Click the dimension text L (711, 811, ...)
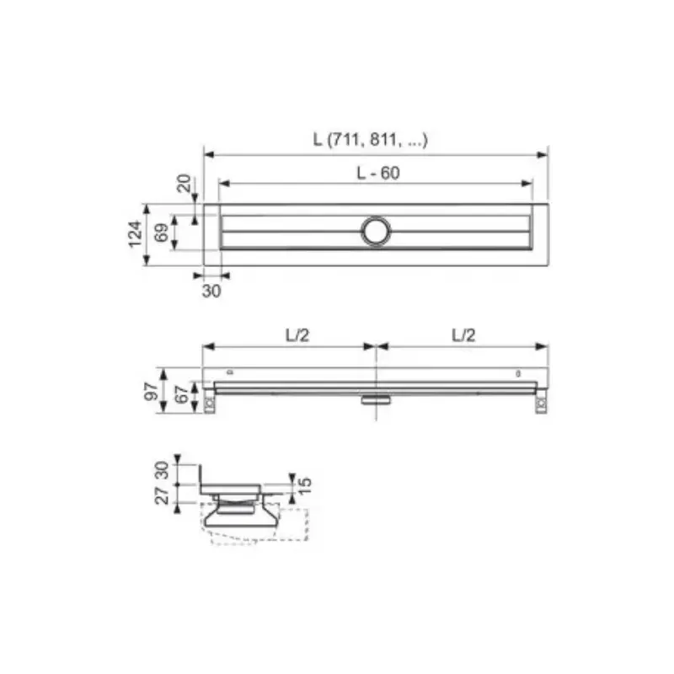tap(370, 140)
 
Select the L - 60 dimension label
tap(378, 173)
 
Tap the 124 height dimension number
tap(136, 234)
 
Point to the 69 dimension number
tap(162, 233)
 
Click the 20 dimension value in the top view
tap(184, 184)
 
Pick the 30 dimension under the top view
tap(211, 291)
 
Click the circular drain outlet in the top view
tap(376, 231)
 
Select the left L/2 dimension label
tap(297, 335)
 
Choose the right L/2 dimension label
tap(463, 335)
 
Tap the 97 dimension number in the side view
tap(152, 392)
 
